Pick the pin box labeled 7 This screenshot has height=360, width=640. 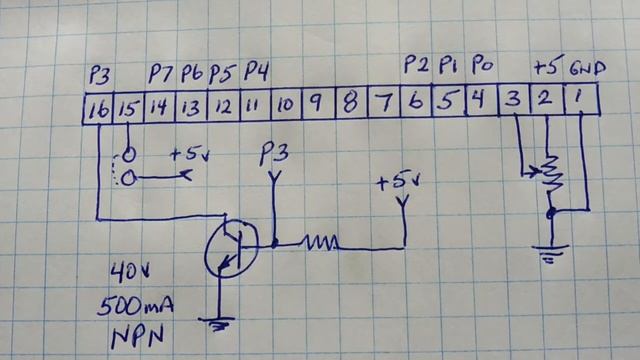pos(382,103)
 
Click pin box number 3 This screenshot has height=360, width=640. pos(512,100)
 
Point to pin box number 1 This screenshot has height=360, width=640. pos(579,99)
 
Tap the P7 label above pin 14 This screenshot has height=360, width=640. pos(161,73)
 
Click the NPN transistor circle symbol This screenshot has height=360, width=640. pos(228,248)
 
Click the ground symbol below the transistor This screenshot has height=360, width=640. pos(216,322)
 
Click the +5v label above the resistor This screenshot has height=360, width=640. pos(397,183)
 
